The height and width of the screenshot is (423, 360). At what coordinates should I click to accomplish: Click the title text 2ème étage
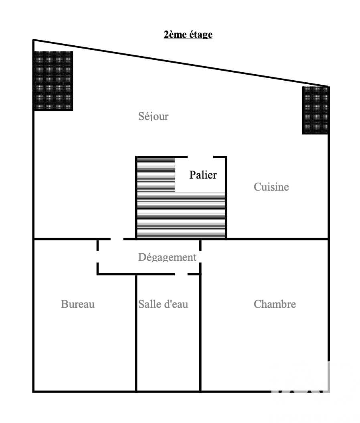click(188, 35)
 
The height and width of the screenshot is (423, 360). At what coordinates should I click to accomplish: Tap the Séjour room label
click(153, 116)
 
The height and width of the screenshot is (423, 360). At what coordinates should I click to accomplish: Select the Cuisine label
click(271, 187)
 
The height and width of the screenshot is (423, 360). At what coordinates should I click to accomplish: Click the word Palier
click(203, 175)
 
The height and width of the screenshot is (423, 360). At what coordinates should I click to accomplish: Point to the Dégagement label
click(167, 257)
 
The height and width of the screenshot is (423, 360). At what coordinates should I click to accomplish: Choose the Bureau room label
click(78, 304)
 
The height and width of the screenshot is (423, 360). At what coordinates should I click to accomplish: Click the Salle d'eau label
click(163, 304)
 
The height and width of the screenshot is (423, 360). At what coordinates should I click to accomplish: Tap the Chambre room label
click(275, 304)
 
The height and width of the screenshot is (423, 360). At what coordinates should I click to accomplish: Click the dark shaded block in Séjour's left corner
click(53, 81)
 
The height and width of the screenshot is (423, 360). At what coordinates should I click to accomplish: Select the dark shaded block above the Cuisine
click(315, 110)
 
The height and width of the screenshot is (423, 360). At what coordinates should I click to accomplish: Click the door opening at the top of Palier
click(200, 157)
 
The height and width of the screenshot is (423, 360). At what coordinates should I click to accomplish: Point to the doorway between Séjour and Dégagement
click(117, 239)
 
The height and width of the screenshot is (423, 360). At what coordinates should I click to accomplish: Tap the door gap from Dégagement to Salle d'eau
click(181, 275)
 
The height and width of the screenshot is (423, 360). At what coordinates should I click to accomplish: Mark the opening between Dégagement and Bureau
click(97, 256)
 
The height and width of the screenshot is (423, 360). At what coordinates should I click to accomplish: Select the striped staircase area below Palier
click(181, 215)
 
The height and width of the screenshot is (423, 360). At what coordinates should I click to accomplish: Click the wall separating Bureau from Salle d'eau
click(136, 333)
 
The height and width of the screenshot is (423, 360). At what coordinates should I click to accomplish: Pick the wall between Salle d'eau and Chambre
click(200, 333)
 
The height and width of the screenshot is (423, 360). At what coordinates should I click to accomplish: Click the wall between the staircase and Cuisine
click(226, 198)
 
